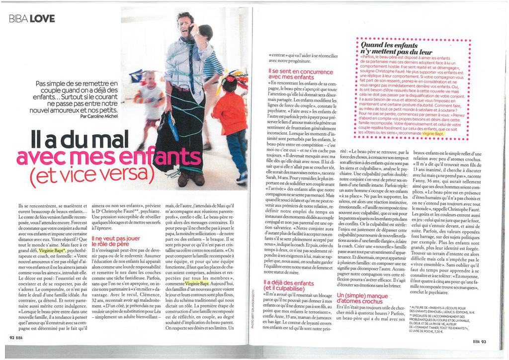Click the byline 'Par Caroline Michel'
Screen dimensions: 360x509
pyautogui.click(x=99, y=116)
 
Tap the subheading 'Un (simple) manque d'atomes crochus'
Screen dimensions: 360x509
pyautogui.click(x=362, y=298)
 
